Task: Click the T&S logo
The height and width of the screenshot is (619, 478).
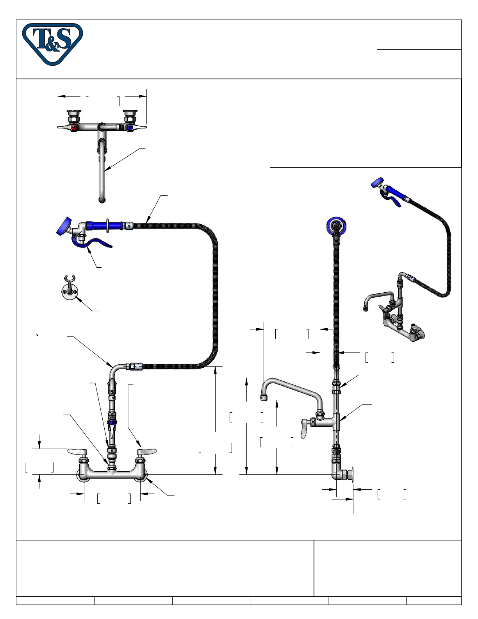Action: tap(53, 44)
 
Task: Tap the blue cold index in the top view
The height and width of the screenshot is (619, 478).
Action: tap(130, 127)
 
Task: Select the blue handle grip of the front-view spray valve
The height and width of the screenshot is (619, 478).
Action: tap(104, 225)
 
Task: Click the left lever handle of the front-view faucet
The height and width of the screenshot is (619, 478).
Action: tap(77, 451)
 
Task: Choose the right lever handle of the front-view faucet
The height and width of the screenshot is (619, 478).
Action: tap(146, 451)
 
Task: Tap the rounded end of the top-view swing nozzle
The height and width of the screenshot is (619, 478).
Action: tap(102, 200)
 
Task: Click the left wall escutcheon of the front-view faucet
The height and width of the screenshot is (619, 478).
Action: tap(83, 475)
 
